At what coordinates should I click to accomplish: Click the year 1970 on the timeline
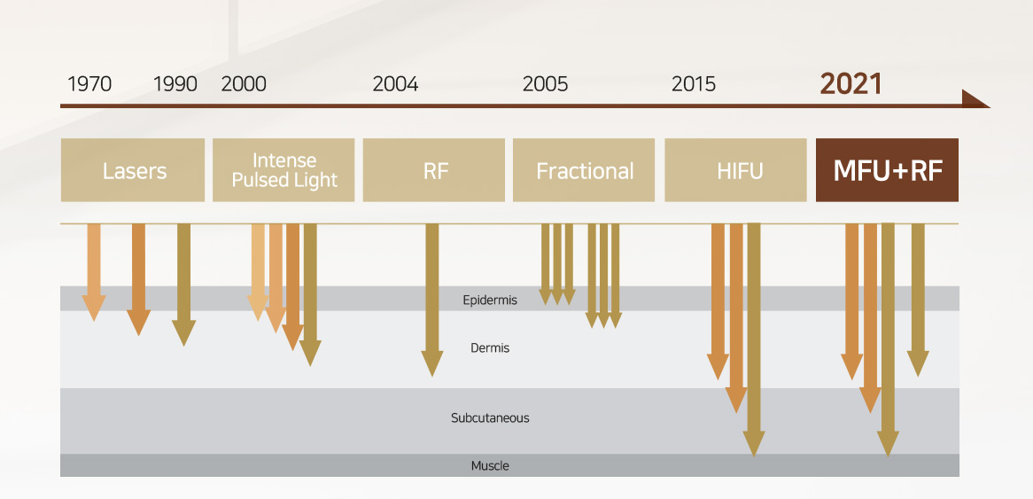pos(89,84)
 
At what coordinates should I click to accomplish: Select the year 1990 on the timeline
pos(175,84)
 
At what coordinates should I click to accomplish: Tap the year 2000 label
pos(244,84)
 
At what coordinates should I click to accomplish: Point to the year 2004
pos(395,84)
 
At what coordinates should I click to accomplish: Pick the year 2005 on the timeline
pos(545,84)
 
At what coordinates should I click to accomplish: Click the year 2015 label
pos(694,84)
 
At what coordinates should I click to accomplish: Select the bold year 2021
pos(850,84)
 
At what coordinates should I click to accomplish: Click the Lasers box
pos(132,170)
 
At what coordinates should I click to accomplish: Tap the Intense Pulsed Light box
pos(283,170)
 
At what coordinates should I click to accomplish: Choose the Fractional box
pos(584,170)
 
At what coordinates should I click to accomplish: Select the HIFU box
pos(735,170)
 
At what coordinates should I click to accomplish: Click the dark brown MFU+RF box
pos(887,170)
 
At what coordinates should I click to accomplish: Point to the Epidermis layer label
pos(490,300)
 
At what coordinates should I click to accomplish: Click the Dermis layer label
pos(490,347)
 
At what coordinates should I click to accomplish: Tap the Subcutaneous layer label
pos(490,418)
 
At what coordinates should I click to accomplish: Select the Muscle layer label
pos(490,466)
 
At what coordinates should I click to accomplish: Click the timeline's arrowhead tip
pos(990,106)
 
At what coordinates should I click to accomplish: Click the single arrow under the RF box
pos(432,300)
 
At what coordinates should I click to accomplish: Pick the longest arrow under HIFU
pos(754,339)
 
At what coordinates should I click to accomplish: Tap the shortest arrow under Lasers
pos(94,272)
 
